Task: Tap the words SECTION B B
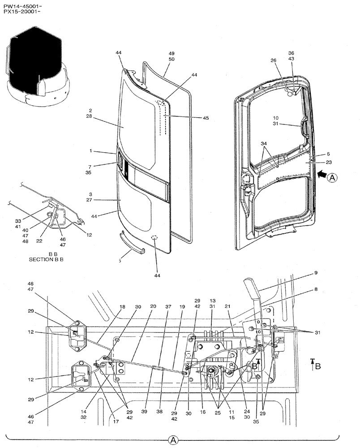click(x=46, y=259)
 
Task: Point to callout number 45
click(x=206, y=118)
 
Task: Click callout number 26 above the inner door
click(x=274, y=61)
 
